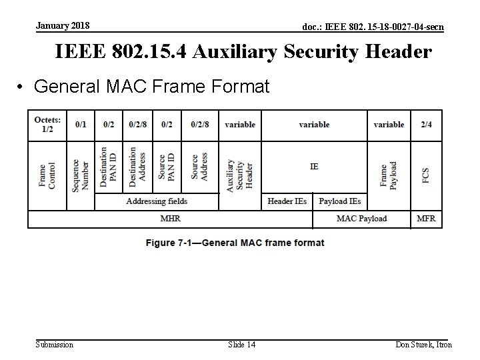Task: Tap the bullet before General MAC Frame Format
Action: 22,87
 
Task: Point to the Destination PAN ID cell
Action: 109,167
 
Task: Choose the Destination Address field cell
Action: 137,167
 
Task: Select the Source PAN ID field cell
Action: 166,167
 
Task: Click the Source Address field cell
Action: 199,167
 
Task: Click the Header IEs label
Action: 287,201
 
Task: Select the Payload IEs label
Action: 340,201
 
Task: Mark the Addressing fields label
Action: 157,201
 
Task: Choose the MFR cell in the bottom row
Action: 425,219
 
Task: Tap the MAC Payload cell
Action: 361,219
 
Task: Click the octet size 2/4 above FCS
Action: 425,125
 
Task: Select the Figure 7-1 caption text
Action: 235,243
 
